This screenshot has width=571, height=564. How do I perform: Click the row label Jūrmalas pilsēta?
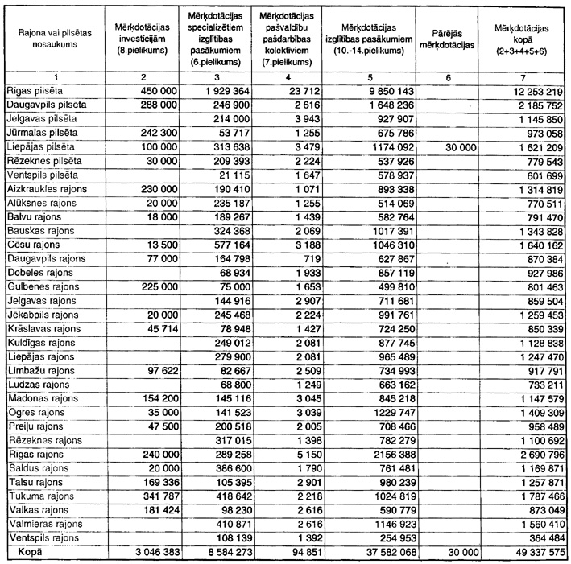point(41,133)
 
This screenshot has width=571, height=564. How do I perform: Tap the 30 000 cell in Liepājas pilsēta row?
point(459,147)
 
